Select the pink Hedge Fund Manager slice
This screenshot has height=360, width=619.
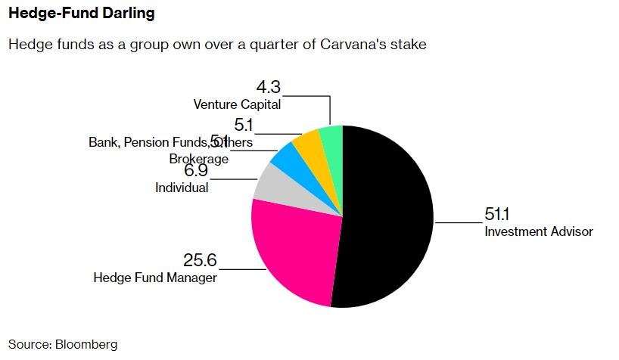click(x=291, y=246)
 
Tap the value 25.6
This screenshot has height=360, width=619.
click(x=200, y=260)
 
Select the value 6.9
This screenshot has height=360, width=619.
click(x=173, y=171)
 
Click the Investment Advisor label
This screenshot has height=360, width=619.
click(x=539, y=231)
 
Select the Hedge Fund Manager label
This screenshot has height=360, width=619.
click(x=155, y=278)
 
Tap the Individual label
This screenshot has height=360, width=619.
click(x=182, y=188)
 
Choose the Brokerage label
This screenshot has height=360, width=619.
click(x=198, y=160)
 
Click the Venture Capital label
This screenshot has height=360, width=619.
click(x=237, y=104)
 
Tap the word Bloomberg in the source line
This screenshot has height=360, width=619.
click(x=86, y=344)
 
